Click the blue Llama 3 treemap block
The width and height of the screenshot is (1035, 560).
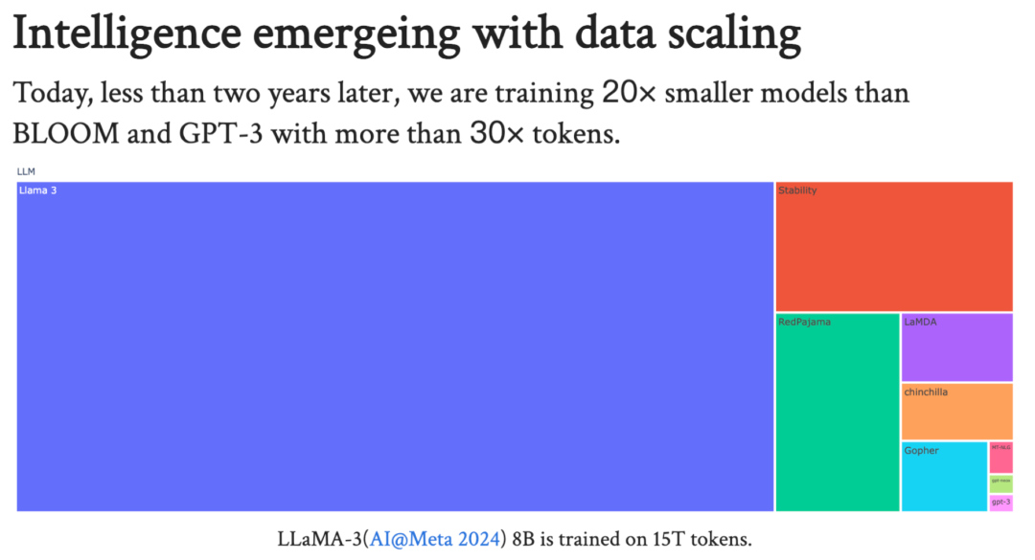[395, 347]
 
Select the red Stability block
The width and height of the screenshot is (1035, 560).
[893, 246]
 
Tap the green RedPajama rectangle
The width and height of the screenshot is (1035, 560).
[837, 413]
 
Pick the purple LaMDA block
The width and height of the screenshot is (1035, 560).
[956, 347]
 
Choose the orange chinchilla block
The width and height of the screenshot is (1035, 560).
[956, 412]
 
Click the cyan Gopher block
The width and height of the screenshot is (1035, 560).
[944, 476]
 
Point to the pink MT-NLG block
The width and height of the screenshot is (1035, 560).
[1000, 457]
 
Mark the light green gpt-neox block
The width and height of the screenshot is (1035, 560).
[1000, 482]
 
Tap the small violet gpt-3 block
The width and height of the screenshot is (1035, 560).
[1000, 503]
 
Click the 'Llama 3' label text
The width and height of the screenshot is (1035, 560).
[37, 190]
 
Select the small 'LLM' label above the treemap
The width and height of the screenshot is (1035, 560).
[25, 171]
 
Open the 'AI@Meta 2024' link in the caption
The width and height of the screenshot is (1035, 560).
[437, 539]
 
